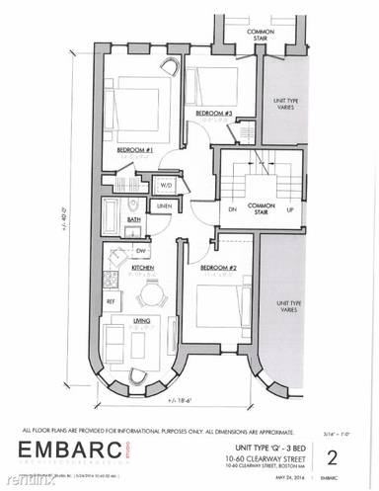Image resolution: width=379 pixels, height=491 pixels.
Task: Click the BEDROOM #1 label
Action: point(132,150)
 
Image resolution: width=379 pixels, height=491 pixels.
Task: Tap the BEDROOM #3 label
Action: point(213,114)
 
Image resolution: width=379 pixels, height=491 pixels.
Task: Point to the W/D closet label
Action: point(164,184)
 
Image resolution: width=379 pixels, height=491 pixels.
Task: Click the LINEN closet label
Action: point(164,205)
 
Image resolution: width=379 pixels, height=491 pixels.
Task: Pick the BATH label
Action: point(132,219)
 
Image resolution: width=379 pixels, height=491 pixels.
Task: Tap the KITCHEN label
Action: point(141,268)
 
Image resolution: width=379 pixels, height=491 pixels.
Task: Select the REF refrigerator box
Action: point(112,301)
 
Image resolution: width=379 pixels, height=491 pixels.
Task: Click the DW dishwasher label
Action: point(140,251)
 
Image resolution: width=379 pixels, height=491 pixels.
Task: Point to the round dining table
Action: point(151,293)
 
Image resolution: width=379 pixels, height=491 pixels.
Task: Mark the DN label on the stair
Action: point(232,209)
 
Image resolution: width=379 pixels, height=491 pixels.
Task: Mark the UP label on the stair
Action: point(288,209)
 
